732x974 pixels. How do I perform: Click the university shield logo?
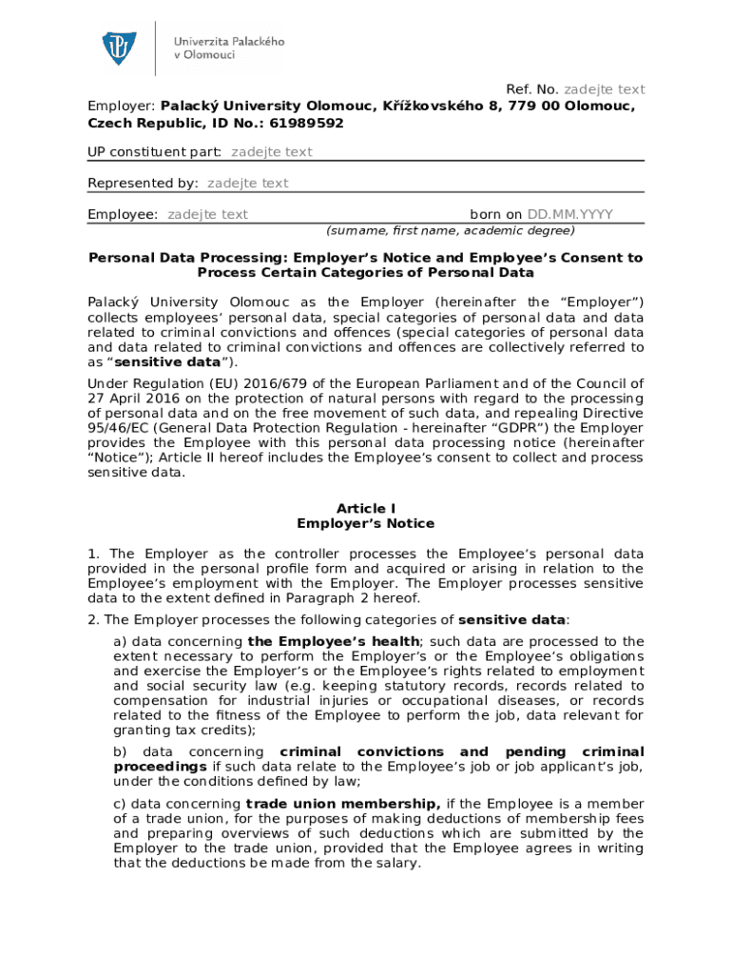(120, 49)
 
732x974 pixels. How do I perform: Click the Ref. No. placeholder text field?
(606, 89)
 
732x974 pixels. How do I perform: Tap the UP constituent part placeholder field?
(271, 152)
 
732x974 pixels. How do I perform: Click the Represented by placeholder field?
(247, 183)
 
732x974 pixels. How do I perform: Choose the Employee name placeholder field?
(207, 214)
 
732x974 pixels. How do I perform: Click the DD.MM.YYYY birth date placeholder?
(570, 214)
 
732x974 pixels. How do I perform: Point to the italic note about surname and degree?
(450, 230)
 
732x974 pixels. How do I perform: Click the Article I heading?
(365, 509)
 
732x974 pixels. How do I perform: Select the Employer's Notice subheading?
(365, 524)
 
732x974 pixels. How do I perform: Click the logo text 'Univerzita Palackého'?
(228, 42)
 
